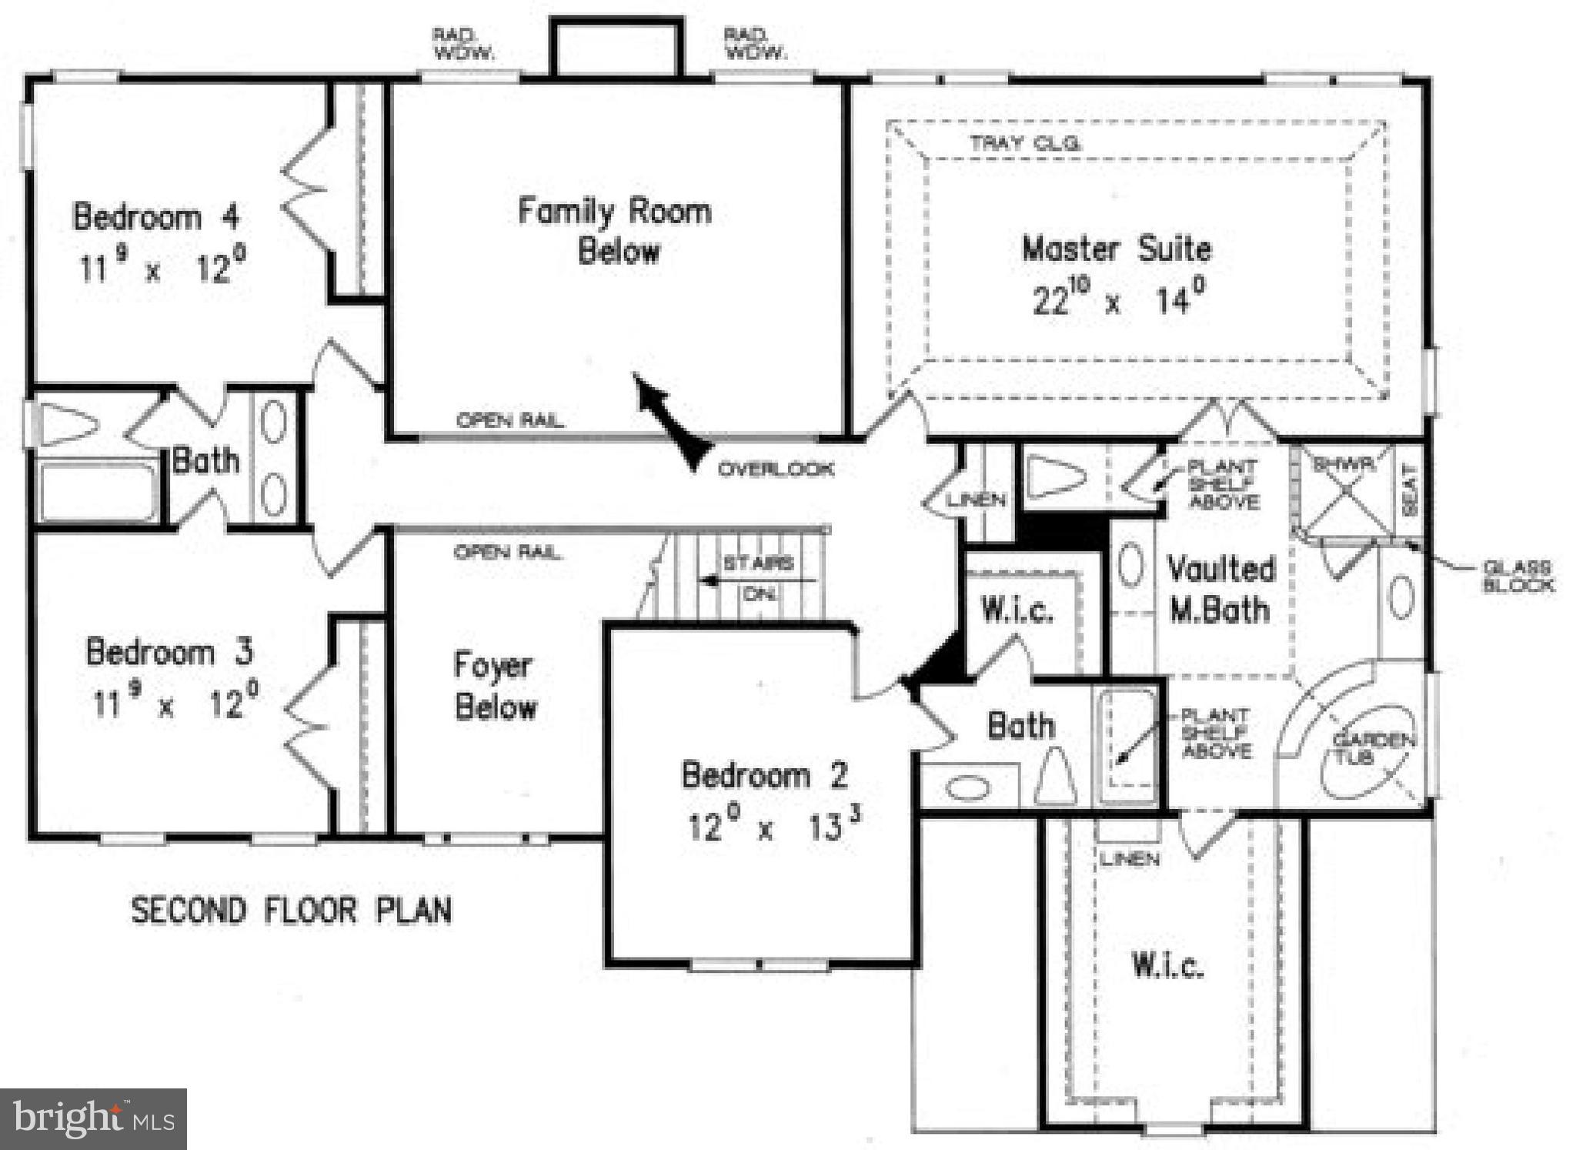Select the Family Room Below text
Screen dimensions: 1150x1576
click(x=615, y=231)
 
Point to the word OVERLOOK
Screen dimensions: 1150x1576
click(x=776, y=469)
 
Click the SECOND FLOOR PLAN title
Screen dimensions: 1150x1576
click(x=291, y=911)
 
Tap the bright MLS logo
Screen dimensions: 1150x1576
click(x=93, y=1118)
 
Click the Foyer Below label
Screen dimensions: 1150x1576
click(x=495, y=686)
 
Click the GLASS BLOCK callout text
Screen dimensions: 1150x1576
click(x=1518, y=576)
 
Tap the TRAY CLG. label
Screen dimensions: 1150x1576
click(x=1025, y=143)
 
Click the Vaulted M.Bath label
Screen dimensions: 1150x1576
click(x=1220, y=590)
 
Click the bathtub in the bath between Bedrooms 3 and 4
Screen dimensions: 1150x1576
click(x=98, y=492)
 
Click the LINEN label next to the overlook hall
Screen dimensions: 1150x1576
click(x=976, y=500)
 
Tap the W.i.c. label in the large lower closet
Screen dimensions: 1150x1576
click(x=1167, y=965)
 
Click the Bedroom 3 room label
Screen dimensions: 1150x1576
click(x=169, y=652)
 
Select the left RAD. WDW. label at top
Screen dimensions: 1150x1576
click(x=463, y=44)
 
